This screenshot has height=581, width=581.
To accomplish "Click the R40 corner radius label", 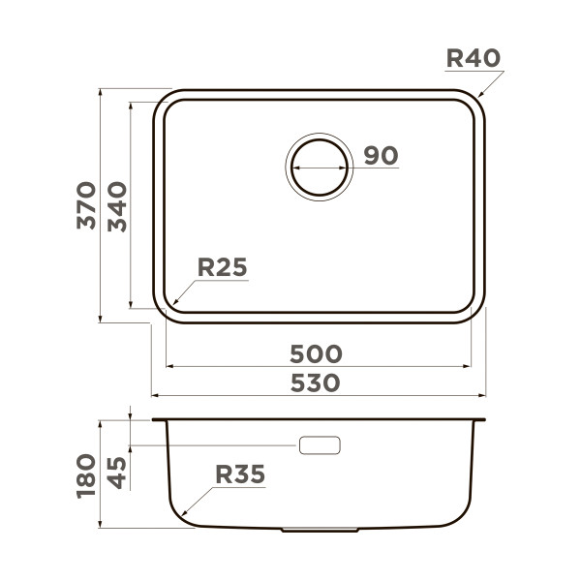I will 473,58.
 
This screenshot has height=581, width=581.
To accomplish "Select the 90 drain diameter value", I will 382,156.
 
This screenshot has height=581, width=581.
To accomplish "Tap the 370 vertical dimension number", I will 87,204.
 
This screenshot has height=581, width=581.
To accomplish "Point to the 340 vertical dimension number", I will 117,206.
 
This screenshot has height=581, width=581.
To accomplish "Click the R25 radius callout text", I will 223,267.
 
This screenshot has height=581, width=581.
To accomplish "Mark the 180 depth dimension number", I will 87,474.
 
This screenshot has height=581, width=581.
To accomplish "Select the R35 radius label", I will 239,475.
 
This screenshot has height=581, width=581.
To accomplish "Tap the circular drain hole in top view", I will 319,167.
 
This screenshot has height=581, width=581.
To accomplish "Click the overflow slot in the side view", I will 320,445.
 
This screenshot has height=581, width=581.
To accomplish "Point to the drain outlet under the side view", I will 320,531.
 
